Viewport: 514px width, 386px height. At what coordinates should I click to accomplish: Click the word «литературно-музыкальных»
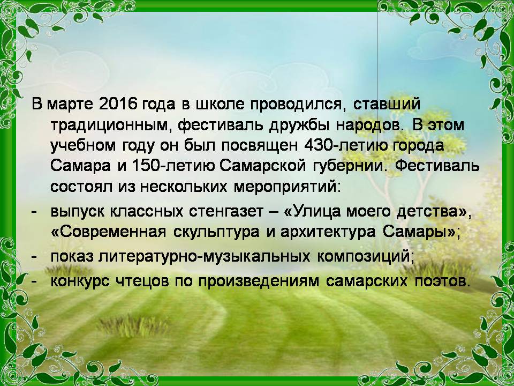point(204,257)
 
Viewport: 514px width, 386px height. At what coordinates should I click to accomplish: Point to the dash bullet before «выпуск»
point(33,212)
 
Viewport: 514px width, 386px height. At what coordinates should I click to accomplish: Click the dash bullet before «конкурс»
point(33,281)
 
